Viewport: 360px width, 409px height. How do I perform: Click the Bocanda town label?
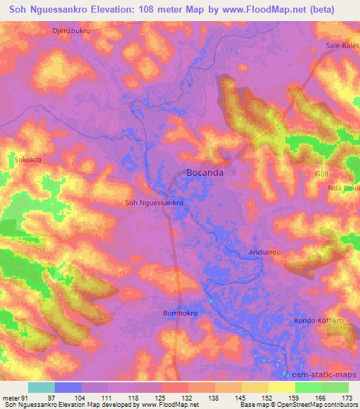(206, 171)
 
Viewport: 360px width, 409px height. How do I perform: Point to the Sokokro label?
(28, 160)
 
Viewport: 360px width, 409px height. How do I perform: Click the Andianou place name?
(266, 250)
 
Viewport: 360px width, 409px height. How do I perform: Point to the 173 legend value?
(346, 397)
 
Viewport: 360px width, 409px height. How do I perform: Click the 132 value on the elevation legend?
(186, 397)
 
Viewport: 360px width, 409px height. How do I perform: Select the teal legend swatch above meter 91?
(41, 387)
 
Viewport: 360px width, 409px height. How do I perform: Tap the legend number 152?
(266, 397)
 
